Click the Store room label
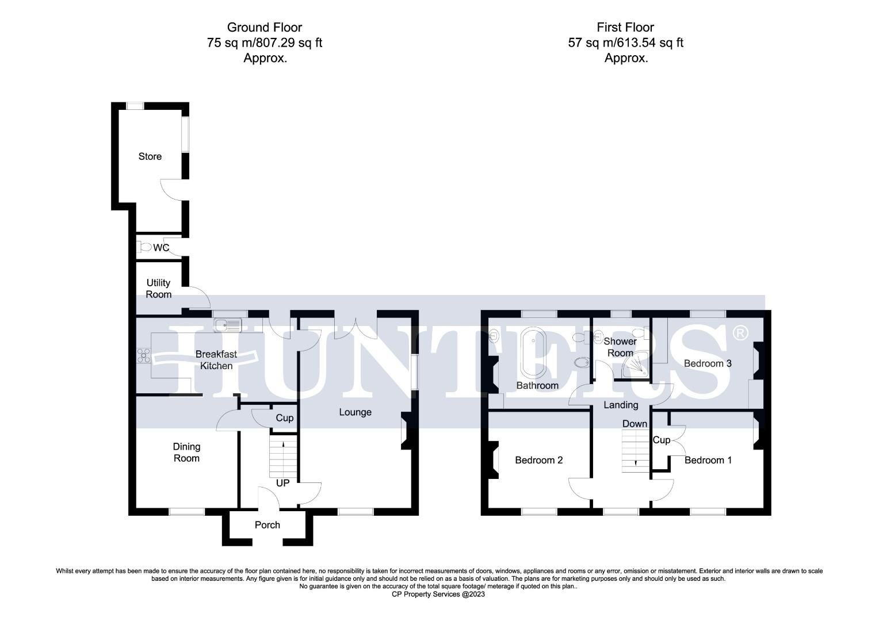click(x=150, y=156)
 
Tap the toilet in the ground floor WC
click(x=144, y=248)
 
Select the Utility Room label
click(x=158, y=289)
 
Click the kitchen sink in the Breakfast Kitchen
click(x=228, y=325)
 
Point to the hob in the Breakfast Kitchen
click(x=143, y=356)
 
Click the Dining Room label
click(x=186, y=452)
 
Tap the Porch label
click(x=267, y=525)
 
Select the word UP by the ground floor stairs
click(x=282, y=483)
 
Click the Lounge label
click(x=355, y=412)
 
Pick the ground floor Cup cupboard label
click(x=284, y=418)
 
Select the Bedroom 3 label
click(x=707, y=363)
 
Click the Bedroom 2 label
click(x=538, y=460)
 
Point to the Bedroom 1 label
click(x=708, y=460)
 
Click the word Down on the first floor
click(x=635, y=424)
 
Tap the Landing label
click(x=621, y=405)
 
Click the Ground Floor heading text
click(x=264, y=27)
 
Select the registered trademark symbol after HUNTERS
click(x=740, y=333)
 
